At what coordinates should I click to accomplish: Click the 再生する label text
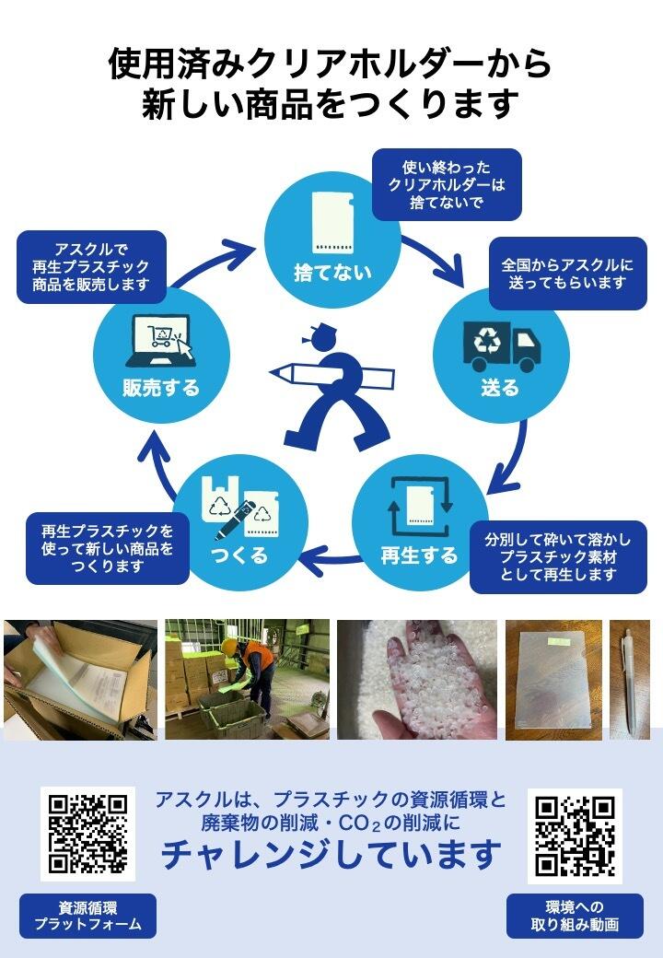(x=419, y=555)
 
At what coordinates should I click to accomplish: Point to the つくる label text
(x=239, y=555)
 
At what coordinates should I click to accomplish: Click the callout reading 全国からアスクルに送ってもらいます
(x=567, y=274)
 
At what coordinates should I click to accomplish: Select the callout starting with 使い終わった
(x=447, y=184)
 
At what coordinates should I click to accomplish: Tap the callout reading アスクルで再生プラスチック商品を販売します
(x=91, y=267)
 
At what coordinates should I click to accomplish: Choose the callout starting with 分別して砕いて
(x=558, y=557)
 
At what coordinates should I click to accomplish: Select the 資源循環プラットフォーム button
(x=87, y=916)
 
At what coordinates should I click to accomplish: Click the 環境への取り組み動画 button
(x=575, y=916)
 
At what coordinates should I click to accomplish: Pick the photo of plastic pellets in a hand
(x=417, y=680)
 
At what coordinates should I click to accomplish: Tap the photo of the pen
(x=630, y=680)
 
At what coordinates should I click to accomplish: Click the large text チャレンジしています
(x=331, y=856)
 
